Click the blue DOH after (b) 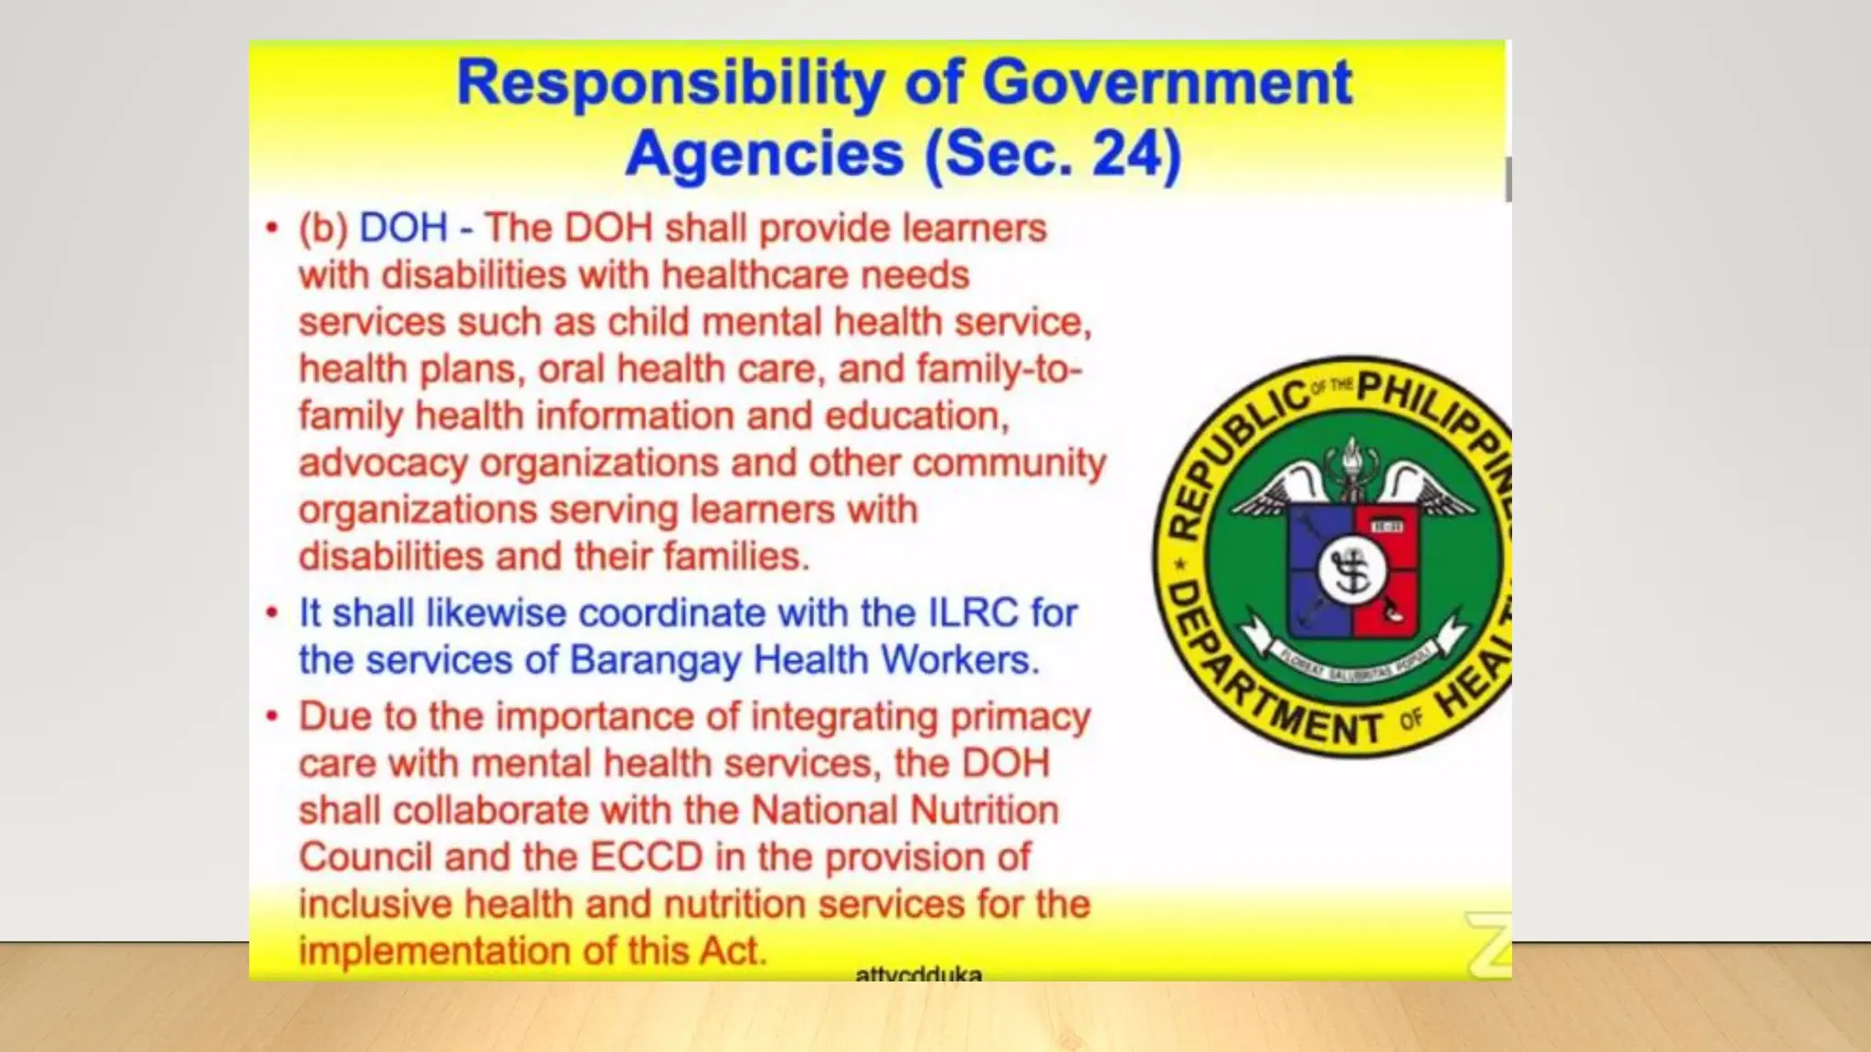tap(403, 227)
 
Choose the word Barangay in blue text tap(655, 659)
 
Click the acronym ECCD tap(647, 857)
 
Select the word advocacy tap(383, 463)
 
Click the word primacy tap(1020, 717)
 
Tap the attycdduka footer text tap(918, 973)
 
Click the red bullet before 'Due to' tap(271, 716)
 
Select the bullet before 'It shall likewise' tap(271, 613)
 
